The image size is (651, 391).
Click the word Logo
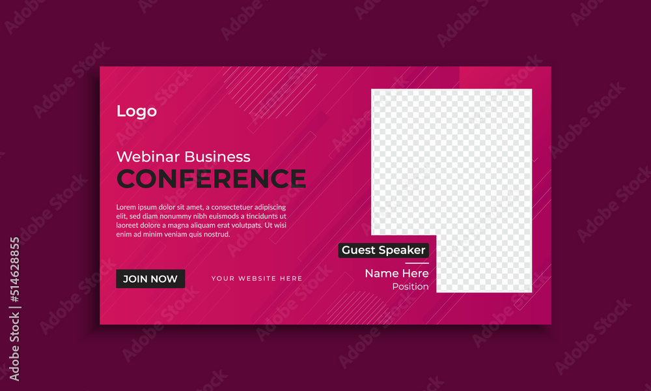(x=137, y=111)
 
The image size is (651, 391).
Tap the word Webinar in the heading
(x=148, y=156)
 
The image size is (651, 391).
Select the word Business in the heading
(x=217, y=156)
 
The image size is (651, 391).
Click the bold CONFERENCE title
(x=212, y=179)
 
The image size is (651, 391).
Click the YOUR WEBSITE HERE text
(x=256, y=278)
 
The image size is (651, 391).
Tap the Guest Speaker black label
(x=383, y=250)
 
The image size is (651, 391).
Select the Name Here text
(x=397, y=273)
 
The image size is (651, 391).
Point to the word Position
(x=411, y=286)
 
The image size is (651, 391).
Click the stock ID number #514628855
(x=15, y=270)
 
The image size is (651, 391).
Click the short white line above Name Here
(x=417, y=263)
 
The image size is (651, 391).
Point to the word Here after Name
(x=414, y=273)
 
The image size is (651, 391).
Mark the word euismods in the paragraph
(x=229, y=216)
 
